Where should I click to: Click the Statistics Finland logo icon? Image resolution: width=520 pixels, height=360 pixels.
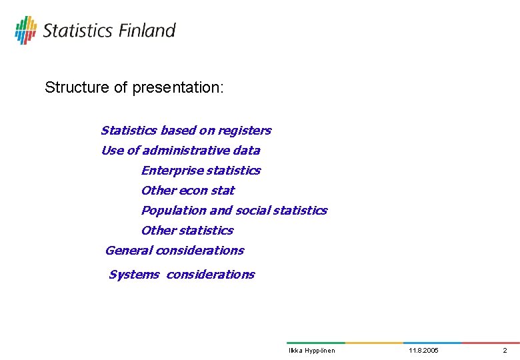[26, 30]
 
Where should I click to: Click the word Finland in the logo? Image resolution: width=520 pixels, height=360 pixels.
[147, 31]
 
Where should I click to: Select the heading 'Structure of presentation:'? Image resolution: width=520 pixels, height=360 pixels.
[134, 87]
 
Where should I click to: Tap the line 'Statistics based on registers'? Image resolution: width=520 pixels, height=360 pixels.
[185, 131]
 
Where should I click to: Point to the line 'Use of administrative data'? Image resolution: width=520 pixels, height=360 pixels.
[180, 151]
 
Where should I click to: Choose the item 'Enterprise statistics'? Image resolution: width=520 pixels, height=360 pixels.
[201, 171]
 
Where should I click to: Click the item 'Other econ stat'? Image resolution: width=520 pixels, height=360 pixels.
[187, 191]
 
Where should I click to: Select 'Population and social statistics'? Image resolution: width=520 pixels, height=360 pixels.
[234, 211]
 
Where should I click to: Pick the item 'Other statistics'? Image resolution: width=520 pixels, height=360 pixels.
[187, 231]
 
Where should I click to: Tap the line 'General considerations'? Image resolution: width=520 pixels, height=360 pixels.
[175, 251]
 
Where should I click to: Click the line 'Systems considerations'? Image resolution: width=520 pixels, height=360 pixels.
[181, 275]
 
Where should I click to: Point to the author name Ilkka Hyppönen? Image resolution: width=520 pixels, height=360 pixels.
[311, 351]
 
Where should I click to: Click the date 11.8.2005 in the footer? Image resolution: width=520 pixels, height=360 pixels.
[424, 351]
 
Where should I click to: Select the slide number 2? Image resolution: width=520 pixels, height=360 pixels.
[505, 351]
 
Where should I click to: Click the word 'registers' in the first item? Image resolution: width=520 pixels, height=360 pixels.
[246, 131]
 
